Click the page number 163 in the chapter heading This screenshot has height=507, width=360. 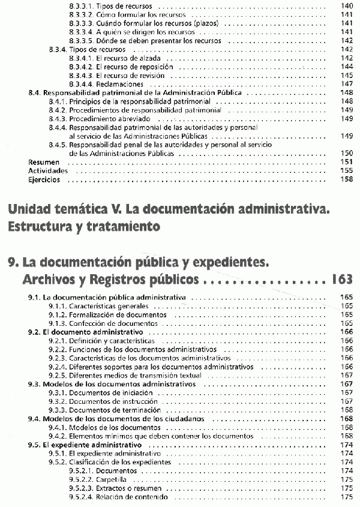pos(341,280)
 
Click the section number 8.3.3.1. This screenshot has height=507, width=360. pos(81,5)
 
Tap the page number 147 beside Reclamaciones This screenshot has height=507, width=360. pos(346,84)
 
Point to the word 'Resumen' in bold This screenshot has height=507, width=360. pos(44,162)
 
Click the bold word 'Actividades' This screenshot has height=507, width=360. pos(48,170)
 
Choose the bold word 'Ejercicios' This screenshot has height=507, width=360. pos(44,179)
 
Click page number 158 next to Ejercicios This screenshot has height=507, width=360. pos(346,179)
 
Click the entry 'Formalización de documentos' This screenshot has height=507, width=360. pos(118,314)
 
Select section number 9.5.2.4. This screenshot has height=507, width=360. pos(81,497)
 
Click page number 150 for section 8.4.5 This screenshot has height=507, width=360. pos(346,154)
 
